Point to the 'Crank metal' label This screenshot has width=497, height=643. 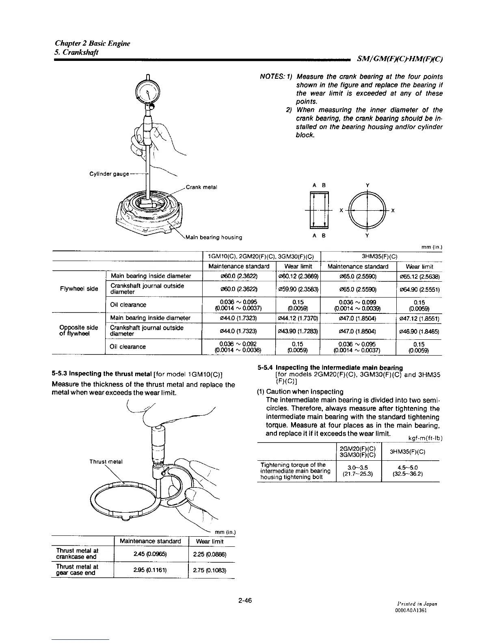click(x=202, y=187)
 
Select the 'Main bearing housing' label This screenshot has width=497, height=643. click(x=214, y=237)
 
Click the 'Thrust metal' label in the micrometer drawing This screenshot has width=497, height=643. click(x=106, y=462)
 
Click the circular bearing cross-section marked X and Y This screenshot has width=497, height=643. click(x=367, y=210)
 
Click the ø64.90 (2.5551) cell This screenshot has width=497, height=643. click(x=419, y=289)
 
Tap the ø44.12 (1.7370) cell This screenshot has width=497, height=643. click(x=298, y=318)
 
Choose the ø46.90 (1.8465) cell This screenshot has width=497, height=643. click(x=419, y=331)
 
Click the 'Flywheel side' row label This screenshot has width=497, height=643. click(x=79, y=289)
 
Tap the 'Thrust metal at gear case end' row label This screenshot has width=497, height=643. click(x=77, y=570)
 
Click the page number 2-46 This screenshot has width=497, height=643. click(x=246, y=600)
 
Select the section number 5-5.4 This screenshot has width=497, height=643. click(x=266, y=368)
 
